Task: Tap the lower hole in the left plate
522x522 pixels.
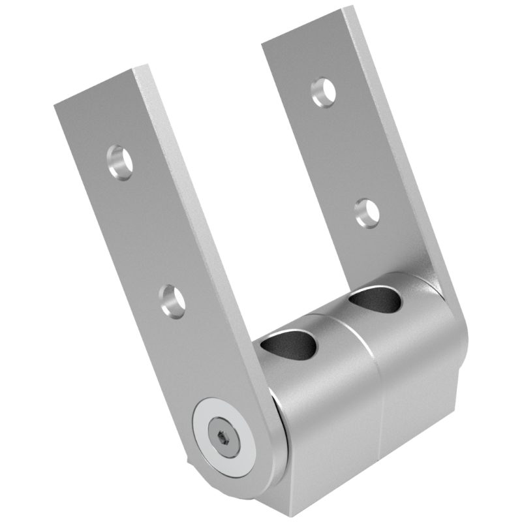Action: coord(172,301)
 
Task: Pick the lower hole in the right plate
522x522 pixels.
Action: coord(367,212)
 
